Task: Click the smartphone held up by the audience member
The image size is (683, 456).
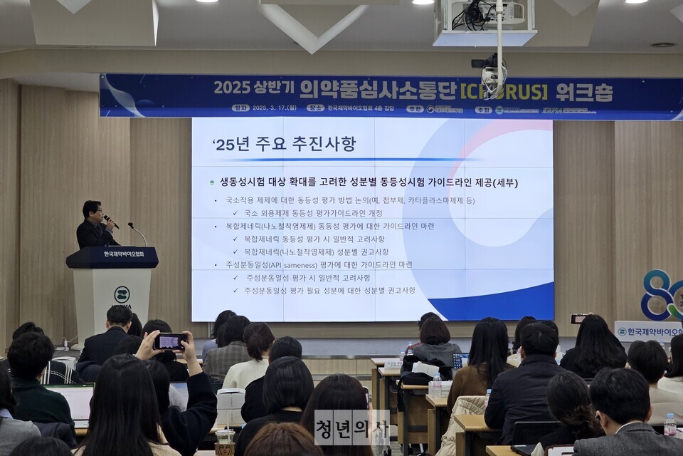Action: click(x=171, y=341)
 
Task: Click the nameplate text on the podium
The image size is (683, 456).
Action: click(x=123, y=254)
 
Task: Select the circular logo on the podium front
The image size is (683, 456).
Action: click(x=122, y=294)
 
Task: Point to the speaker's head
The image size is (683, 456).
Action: click(x=92, y=210)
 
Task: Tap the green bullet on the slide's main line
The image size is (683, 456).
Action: click(x=211, y=183)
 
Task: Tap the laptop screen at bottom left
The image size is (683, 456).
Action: click(x=72, y=403)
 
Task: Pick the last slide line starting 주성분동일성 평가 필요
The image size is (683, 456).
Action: click(x=330, y=291)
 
